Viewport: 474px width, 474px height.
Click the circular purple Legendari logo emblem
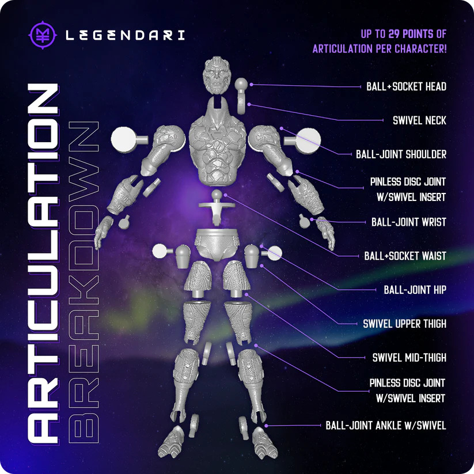coord(43,35)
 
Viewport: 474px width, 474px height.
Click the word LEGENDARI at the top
coord(125,35)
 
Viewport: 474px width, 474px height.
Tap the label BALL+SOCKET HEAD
coord(406,87)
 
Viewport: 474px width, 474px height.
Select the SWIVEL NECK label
coord(419,120)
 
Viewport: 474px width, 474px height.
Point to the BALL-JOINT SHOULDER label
coord(401,154)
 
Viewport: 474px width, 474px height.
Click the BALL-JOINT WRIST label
coord(409,222)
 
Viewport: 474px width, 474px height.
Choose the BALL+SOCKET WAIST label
coord(405,256)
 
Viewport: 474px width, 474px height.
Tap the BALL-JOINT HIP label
coord(415,290)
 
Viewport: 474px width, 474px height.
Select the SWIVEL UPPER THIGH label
coord(404,324)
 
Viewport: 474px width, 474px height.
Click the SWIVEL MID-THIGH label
coord(409,358)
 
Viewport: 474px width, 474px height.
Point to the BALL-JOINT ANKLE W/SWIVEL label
coord(386,425)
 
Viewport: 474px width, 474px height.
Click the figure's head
coord(217,75)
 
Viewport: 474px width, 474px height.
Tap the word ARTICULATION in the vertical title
coord(43,263)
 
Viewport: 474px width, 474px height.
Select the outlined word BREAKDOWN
coord(84,282)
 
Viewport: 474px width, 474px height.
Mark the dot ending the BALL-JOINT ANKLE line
coord(266,426)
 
